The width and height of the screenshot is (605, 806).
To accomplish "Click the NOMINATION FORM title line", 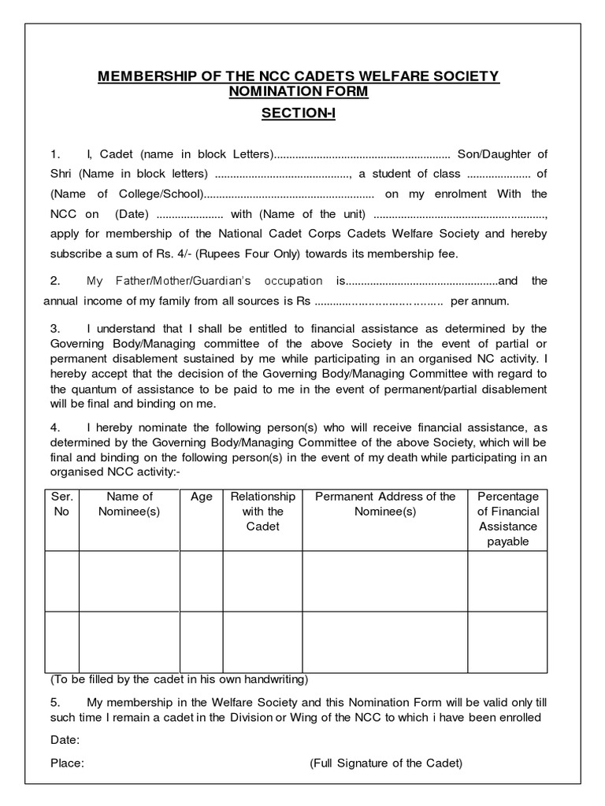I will [x=298, y=92].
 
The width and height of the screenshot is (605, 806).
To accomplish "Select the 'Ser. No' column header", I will [x=61, y=504].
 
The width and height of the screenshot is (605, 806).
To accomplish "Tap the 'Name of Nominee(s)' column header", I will [x=129, y=504].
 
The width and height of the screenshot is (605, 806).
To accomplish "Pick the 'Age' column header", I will [x=202, y=497].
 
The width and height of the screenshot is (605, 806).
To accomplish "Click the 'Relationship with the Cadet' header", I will [x=262, y=511].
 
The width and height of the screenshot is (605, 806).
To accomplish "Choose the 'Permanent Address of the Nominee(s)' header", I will [x=385, y=504].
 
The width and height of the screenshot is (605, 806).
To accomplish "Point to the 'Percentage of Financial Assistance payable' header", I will [x=508, y=519].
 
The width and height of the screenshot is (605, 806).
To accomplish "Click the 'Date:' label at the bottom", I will [x=65, y=740].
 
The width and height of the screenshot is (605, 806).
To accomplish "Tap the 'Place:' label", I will [x=67, y=763].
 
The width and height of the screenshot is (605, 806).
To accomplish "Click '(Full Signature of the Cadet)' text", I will [x=385, y=763].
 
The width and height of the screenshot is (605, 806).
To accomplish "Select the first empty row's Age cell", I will [x=202, y=581].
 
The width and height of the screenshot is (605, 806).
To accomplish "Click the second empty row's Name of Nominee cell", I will [x=129, y=641].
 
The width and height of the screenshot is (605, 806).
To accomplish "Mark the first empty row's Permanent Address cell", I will [x=385, y=581].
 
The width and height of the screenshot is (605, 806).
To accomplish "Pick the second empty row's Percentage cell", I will [x=508, y=641].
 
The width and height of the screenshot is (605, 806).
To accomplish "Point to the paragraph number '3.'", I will [x=55, y=328].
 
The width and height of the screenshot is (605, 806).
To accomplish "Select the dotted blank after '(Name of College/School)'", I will [x=289, y=194].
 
